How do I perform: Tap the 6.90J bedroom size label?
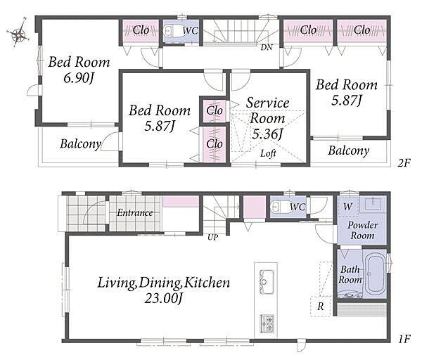pyautogui.click(x=79, y=79)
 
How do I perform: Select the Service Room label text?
pyautogui.click(x=267, y=110)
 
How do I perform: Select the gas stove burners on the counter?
pyautogui.click(x=267, y=323)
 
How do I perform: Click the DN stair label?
pyautogui.click(x=267, y=48)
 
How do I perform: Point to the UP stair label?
pyautogui.click(x=212, y=238)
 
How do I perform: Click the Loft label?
pyautogui.click(x=268, y=153)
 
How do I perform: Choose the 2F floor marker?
pyautogui.click(x=404, y=163)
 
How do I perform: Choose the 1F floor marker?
pyautogui.click(x=404, y=339)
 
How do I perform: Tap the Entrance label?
pyautogui.click(x=135, y=213)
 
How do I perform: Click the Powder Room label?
pyautogui.click(x=362, y=231)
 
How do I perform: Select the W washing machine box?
pyautogui.click(x=348, y=207)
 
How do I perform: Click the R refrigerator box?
pyautogui.click(x=321, y=306)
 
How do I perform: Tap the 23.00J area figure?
pyautogui.click(x=164, y=298)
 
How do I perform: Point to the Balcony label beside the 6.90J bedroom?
pyautogui.click(x=80, y=143)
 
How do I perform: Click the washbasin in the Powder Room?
pyautogui.click(x=373, y=204)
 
